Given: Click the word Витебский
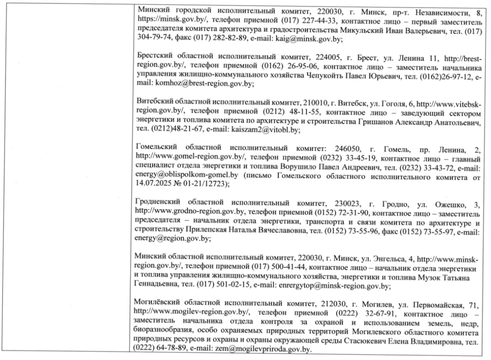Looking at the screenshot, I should tap(155, 103).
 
